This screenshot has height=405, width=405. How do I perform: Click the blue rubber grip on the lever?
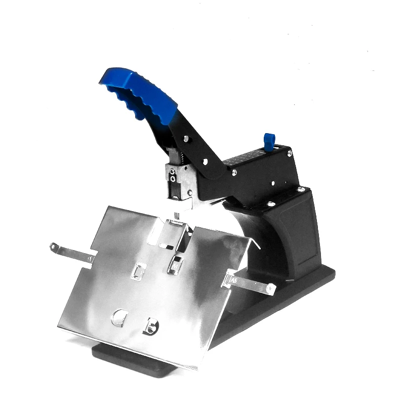[x=139, y=94]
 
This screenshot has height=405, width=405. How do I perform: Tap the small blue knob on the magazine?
[x=269, y=141]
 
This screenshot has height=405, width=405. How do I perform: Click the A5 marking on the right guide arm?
[x=234, y=279]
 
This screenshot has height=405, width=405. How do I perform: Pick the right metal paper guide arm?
[x=251, y=283]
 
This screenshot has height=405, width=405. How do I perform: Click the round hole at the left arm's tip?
[x=53, y=247]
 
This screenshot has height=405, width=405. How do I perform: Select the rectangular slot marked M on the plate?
[x=175, y=265]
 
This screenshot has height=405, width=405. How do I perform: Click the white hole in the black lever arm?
[x=205, y=163]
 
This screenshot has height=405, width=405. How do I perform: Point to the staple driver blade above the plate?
[x=177, y=215]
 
